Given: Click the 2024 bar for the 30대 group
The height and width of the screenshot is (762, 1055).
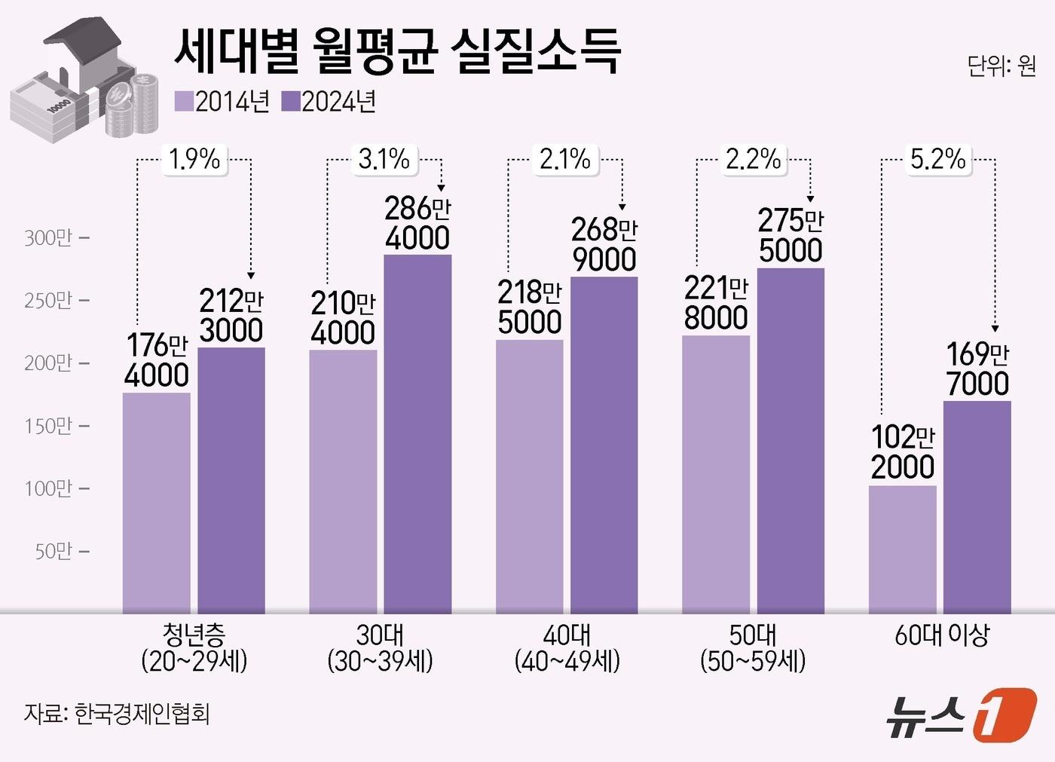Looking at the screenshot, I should pos(417,433).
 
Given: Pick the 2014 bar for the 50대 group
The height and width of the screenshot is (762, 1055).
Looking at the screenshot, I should pos(715,474).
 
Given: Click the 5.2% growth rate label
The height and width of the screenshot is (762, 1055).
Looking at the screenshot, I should pos(937,159).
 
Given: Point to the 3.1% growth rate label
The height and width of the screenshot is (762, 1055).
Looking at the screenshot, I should pos(384,159).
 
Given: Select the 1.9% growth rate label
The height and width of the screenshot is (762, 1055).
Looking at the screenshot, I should pos(194,159).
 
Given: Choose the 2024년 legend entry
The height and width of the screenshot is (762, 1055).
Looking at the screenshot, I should pos(329,102).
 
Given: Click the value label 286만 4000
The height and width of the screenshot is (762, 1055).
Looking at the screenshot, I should pos(417,223).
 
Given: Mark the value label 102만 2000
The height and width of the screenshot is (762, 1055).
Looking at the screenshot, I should pos(902,452).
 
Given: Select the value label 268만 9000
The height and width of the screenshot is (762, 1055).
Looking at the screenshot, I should pos(604,245).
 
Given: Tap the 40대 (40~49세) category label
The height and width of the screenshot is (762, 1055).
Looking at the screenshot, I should pos(567,648).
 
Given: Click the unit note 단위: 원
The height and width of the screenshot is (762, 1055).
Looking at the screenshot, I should pos(1001,66).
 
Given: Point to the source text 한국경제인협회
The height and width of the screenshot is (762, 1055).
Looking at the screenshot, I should pos(142,713).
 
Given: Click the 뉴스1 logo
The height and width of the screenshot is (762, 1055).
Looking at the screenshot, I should pos(960,715).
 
